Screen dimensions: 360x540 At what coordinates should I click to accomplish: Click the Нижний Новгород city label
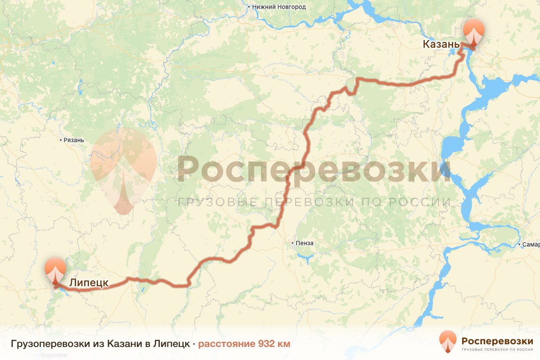[x=279, y=7]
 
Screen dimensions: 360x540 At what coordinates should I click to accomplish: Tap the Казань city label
[x=441, y=44]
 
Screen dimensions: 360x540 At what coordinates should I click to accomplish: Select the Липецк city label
[x=89, y=283]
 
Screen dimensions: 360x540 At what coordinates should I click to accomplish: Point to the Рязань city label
[x=74, y=140]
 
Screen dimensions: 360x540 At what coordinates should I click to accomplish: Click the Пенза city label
[x=305, y=243]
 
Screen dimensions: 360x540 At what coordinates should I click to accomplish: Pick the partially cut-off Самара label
[x=531, y=245]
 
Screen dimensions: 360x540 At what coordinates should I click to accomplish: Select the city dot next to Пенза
[x=292, y=243]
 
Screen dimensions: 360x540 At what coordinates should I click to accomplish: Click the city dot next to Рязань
[x=61, y=140]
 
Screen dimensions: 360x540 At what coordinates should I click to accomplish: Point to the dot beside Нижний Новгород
[x=249, y=7]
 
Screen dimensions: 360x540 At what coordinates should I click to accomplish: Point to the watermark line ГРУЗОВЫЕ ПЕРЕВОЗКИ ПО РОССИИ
[x=314, y=202]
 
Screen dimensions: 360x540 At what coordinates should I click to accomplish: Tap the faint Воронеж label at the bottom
[x=54, y=355]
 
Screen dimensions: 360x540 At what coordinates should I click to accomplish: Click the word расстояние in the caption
[x=227, y=344]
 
